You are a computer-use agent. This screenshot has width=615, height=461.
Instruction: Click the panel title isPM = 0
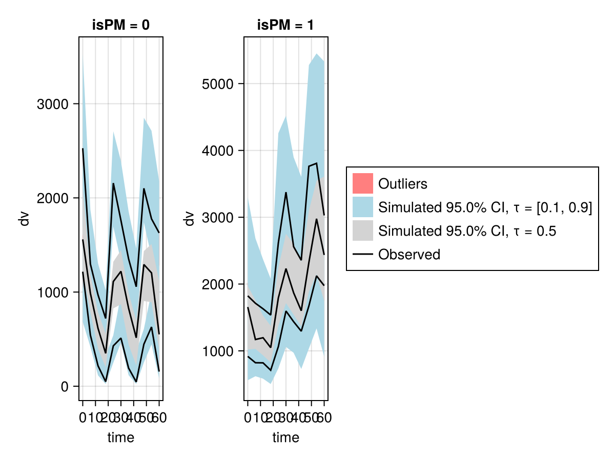[x=121, y=26]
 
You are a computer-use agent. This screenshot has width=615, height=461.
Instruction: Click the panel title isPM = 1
[x=285, y=26]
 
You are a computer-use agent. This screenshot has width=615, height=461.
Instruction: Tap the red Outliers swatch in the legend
[x=362, y=183]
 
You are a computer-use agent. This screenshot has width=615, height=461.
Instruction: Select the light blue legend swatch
[x=362, y=207]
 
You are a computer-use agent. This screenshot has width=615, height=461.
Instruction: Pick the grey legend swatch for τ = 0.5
[x=362, y=231]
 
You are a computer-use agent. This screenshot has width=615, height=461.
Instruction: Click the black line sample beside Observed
[x=362, y=255]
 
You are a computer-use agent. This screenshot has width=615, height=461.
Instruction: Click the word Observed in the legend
[x=409, y=255]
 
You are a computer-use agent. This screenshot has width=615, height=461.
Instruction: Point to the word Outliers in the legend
[x=402, y=183]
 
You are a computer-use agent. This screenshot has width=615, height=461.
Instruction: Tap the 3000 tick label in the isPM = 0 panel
[x=53, y=104]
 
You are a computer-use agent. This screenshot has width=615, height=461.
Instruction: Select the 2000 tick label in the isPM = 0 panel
[x=53, y=198]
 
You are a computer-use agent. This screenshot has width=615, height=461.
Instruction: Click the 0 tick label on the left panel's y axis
[x=65, y=387]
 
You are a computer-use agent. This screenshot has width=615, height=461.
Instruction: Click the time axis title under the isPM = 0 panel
[x=121, y=437]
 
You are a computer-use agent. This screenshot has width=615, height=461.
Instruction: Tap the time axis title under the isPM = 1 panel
[x=285, y=437]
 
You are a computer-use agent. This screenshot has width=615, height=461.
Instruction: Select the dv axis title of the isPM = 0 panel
[x=24, y=219]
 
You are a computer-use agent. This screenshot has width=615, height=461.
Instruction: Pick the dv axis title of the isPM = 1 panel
[x=190, y=219]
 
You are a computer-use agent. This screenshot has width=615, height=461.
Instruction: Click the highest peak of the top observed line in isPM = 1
[x=317, y=163]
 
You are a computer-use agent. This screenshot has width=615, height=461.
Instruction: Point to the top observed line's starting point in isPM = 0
[x=83, y=149]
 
